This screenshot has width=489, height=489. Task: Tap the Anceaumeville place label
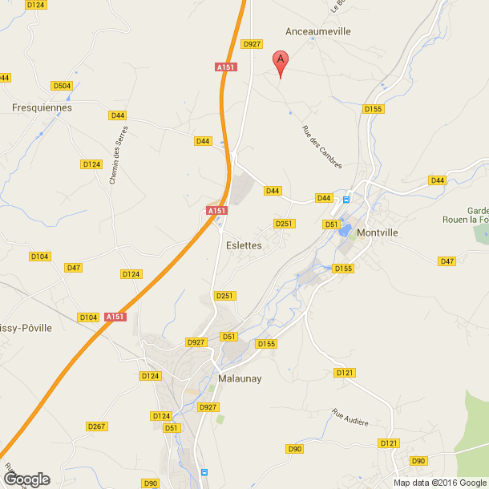coord(318,31)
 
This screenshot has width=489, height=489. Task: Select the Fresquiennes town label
coord(42,107)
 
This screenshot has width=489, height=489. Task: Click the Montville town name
coord(378,232)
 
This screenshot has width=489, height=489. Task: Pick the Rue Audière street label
coord(350,417)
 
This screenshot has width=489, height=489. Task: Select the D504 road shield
coord(62,86)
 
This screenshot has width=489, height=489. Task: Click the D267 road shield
coord(96,426)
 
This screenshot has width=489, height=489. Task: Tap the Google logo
coord(26,479)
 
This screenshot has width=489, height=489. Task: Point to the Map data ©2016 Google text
coord(439,483)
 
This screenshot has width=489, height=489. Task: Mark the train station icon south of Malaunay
coord(204,473)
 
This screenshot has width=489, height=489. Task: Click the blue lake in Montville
coord(346,231)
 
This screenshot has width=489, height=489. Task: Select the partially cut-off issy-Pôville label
coord(26,328)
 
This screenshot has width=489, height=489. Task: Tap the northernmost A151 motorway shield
coord(225,68)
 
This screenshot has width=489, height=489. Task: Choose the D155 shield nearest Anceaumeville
coord(373,108)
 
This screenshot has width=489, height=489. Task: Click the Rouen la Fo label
coord(466,220)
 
